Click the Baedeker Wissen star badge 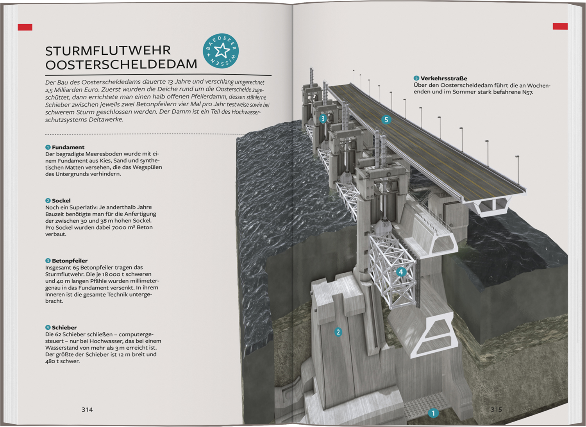pyautogui.click(x=221, y=51)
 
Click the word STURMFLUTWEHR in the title pyautogui.click(x=108, y=51)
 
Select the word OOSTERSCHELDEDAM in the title pyautogui.click(x=121, y=64)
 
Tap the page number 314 pyautogui.click(x=87, y=409)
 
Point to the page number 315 pyautogui.click(x=496, y=409)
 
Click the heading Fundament pyautogui.click(x=68, y=147)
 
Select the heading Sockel pyautogui.click(x=61, y=201)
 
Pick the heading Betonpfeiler pyautogui.click(x=70, y=261)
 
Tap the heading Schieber pyautogui.click(x=64, y=328)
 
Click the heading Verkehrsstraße pyautogui.click(x=444, y=78)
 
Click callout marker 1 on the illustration pyautogui.click(x=433, y=413)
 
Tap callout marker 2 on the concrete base pyautogui.click(x=338, y=332)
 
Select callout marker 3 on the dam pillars pyautogui.click(x=323, y=118)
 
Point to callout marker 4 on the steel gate pyautogui.click(x=401, y=272)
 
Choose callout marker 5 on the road pyautogui.click(x=386, y=120)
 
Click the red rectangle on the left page pyautogui.click(x=25, y=27)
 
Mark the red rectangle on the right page pyautogui.click(x=560, y=26)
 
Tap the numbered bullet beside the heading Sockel pyautogui.click(x=48, y=201)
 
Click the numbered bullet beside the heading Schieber pyautogui.click(x=48, y=328)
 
